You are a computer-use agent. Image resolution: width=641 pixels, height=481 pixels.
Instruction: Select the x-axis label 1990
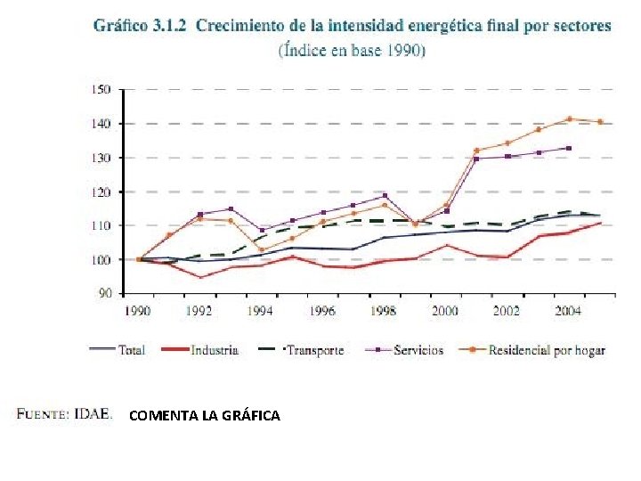138,312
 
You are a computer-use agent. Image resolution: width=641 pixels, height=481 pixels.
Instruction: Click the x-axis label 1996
322,312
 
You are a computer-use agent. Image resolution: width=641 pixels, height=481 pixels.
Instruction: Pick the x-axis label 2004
568,312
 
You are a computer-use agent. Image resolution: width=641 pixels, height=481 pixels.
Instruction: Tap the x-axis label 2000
445,312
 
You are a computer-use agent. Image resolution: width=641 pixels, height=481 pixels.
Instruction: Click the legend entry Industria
215,350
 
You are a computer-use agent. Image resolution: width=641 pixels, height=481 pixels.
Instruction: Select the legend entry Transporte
313,350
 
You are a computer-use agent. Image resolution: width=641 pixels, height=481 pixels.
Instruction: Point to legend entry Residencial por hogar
547,350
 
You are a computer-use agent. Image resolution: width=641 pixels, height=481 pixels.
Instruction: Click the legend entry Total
132,350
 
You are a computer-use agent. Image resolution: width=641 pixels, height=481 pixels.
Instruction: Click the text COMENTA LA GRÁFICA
204,415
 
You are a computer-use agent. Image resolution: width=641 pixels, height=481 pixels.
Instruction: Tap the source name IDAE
93,413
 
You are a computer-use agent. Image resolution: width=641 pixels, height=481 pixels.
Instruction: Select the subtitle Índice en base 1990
353,50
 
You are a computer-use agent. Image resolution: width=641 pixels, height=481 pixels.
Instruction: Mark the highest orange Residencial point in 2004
569,118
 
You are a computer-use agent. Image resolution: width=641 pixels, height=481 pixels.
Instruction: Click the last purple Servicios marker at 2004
569,149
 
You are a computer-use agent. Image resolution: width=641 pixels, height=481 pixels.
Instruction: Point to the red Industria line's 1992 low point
200,277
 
